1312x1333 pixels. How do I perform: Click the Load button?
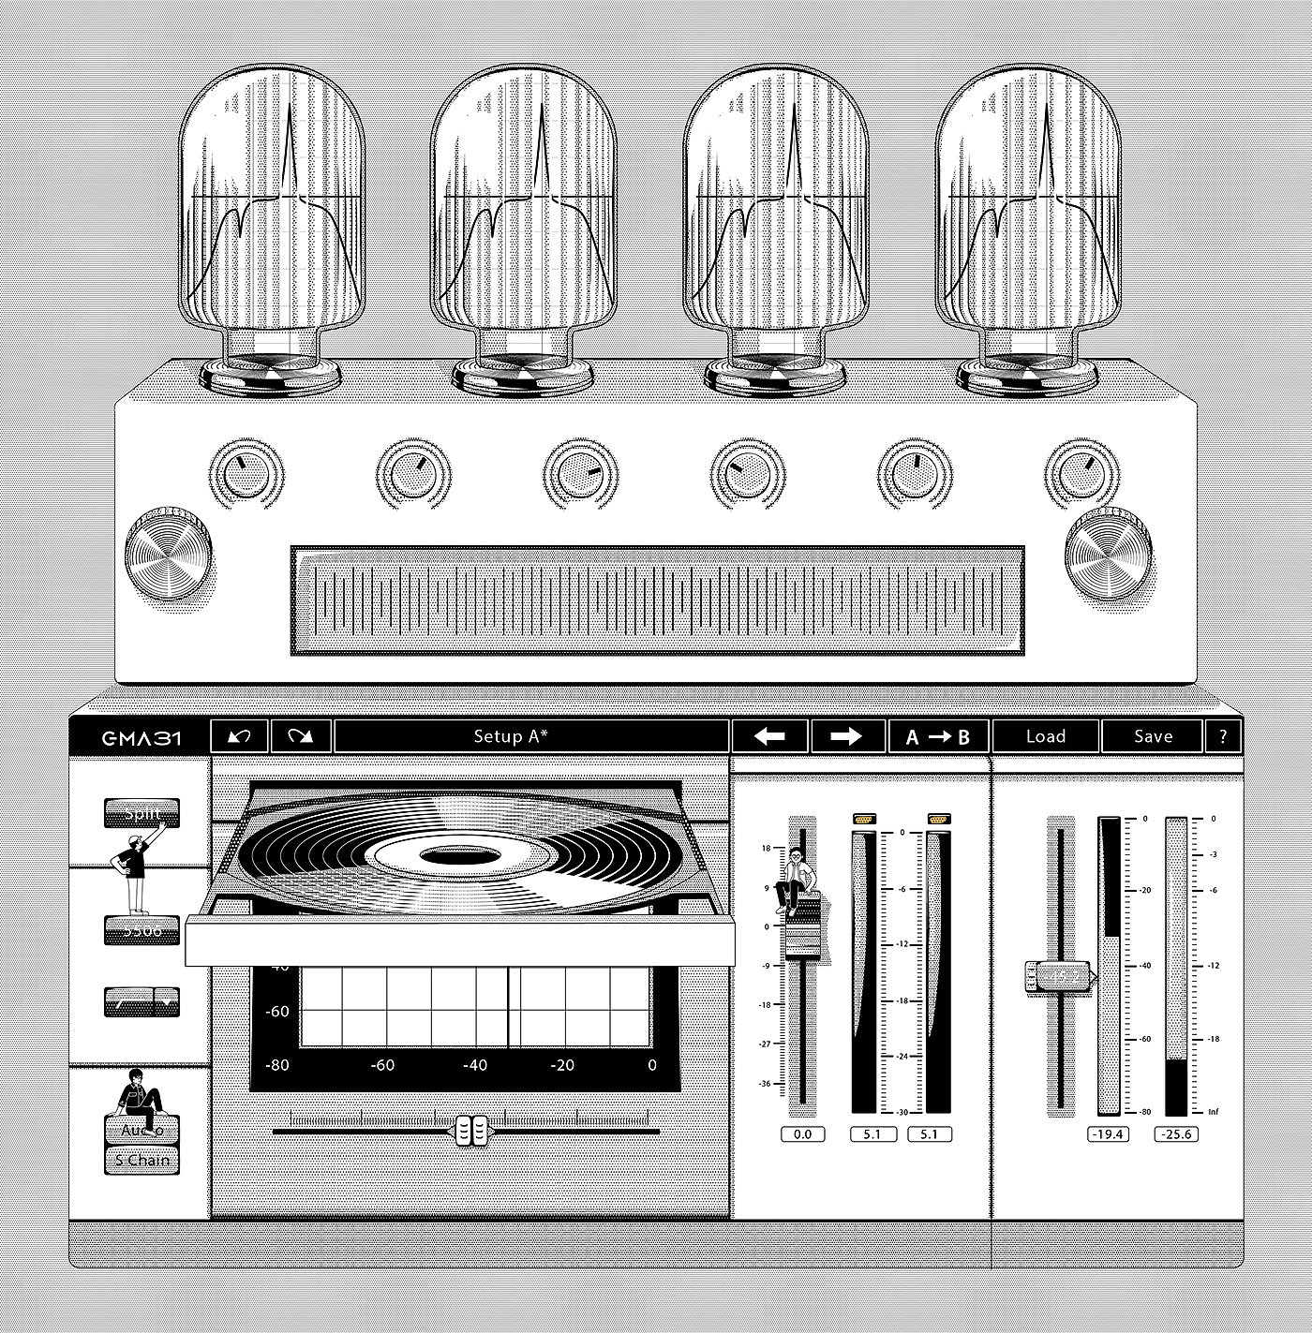point(1046,736)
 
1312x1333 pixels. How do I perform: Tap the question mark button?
point(1222,736)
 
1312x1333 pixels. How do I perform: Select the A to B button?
point(938,736)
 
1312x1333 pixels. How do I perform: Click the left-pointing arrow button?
point(769,736)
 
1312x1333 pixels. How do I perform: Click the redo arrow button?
point(300,736)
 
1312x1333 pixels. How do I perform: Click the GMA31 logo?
point(142,737)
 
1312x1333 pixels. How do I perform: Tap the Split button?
point(141,813)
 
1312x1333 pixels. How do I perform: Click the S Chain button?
point(142,1160)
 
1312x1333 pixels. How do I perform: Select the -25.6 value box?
point(1176,1134)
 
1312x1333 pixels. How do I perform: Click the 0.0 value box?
point(802,1134)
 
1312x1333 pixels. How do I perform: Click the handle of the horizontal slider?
point(470,1131)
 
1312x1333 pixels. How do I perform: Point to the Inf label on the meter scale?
point(1213,1112)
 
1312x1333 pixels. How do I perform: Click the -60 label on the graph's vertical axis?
point(277,1012)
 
